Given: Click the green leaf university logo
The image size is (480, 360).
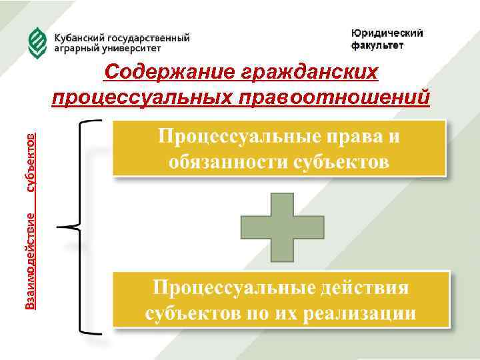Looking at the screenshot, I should pos(37,43).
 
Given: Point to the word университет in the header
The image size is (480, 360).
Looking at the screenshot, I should pos(136,48).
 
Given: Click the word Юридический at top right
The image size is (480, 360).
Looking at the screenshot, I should pos(387,35).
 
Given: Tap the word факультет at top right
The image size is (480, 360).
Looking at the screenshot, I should pos(377,46).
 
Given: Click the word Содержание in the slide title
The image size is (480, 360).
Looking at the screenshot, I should pos(165,72).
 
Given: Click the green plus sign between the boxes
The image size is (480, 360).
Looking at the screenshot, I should pos(282,227).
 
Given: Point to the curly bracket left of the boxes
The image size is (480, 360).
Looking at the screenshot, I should pos(75,227).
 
